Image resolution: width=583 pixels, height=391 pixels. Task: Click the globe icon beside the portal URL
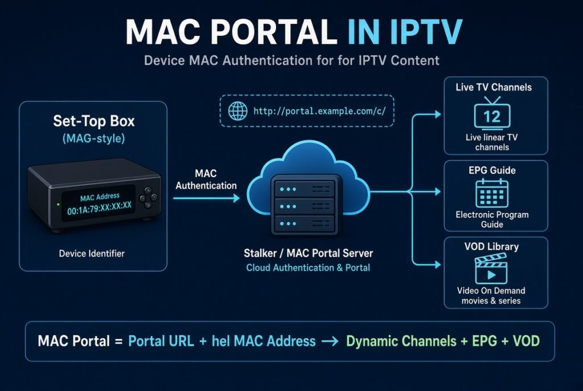click(x=237, y=111)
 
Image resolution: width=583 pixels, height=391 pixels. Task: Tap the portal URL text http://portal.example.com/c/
click(x=320, y=111)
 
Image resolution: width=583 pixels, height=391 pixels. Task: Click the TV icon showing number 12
click(x=492, y=113)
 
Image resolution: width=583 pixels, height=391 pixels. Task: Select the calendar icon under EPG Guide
click(x=492, y=193)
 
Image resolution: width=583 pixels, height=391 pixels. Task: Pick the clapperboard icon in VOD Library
click(x=491, y=268)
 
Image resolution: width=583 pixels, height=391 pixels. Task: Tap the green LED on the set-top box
click(x=58, y=204)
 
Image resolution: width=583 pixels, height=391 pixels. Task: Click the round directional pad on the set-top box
click(x=148, y=197)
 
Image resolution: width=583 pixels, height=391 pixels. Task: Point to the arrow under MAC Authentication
click(x=206, y=198)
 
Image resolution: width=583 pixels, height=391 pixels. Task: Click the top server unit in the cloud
click(x=305, y=189)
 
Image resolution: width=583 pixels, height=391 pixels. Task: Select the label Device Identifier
click(x=92, y=253)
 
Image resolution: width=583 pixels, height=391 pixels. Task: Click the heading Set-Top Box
click(x=94, y=121)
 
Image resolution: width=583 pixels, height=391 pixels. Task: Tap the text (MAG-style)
click(x=94, y=139)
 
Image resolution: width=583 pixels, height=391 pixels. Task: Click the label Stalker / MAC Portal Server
click(x=308, y=253)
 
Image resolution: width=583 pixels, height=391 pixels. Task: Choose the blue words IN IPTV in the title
click(x=405, y=32)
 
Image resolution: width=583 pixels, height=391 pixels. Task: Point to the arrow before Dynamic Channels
click(x=330, y=341)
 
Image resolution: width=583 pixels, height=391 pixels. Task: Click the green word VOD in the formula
click(x=526, y=341)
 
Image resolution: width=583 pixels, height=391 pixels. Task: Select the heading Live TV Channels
click(x=494, y=87)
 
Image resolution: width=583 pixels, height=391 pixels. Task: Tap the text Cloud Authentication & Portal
click(x=308, y=267)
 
